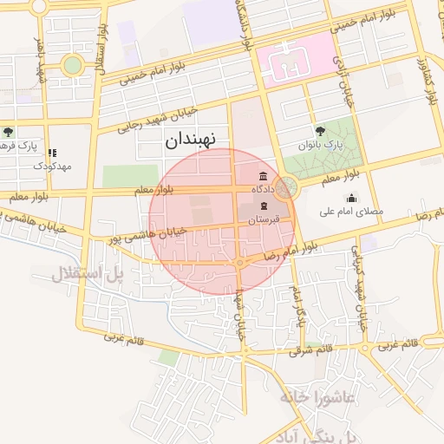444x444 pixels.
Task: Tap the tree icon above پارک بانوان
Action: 321,131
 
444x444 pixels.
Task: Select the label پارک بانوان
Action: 322,146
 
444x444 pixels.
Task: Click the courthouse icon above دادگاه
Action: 263,175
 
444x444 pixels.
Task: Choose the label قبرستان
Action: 262,220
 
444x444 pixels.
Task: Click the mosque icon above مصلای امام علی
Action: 350,198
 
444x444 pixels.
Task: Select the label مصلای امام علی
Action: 350,212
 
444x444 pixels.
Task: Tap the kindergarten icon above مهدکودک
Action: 53,152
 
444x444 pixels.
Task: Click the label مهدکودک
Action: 53,165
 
